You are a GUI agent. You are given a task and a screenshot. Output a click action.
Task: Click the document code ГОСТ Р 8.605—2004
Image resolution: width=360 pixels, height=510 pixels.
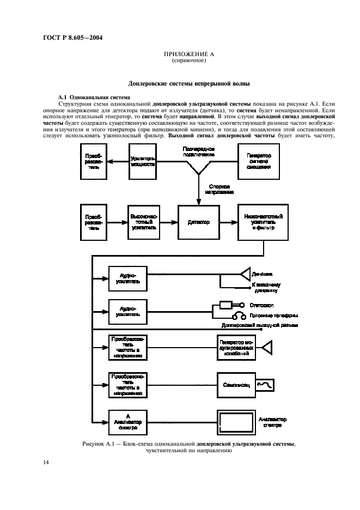coord(72,38)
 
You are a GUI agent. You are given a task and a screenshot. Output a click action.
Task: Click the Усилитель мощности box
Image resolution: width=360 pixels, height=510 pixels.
coord(144,161)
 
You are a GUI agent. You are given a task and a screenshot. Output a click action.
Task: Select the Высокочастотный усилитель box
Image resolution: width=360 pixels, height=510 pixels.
coord(144,221)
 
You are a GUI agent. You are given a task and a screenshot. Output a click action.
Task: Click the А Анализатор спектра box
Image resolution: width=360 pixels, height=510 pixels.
coord(127,421)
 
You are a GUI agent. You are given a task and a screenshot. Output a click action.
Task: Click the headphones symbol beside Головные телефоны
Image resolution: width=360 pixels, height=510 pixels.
coord(238,317)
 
